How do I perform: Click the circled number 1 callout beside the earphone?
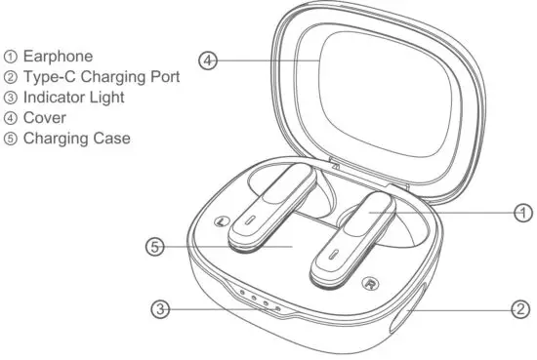coord(522,211)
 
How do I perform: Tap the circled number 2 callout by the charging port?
coord(522,309)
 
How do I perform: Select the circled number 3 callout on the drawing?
coord(161,310)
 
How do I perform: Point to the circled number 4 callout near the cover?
coord(207,60)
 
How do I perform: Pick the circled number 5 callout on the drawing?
coord(154,247)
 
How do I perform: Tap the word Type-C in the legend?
coord(48,77)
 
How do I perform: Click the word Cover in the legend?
coord(43,118)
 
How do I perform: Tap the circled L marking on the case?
coord(224,221)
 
